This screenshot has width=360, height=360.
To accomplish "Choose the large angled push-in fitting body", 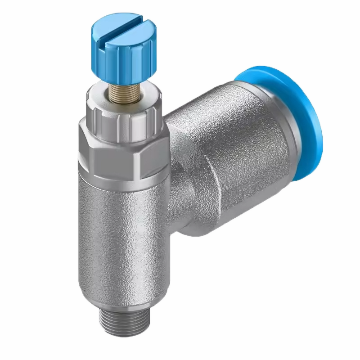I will [234, 148].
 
